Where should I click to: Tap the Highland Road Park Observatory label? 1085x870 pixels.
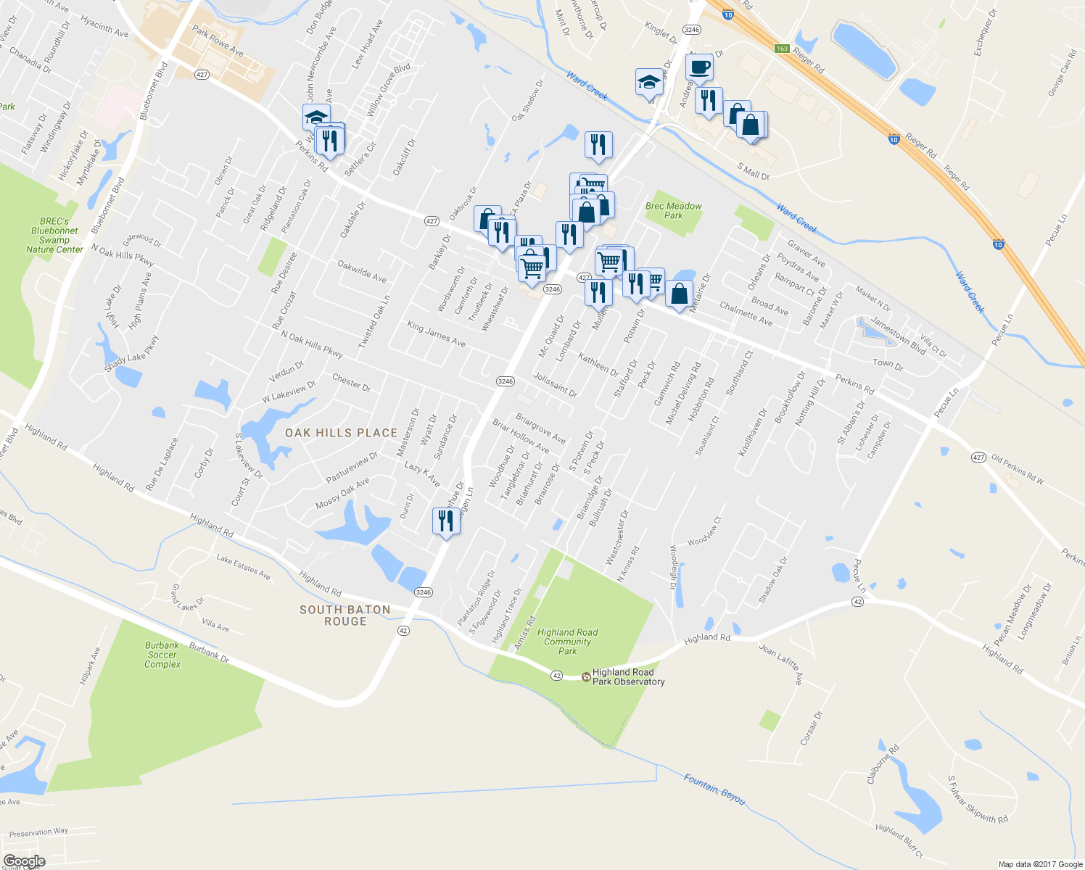tap(628, 677)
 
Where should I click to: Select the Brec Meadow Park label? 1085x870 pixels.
tap(674, 210)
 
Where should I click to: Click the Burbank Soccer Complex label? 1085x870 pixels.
tap(162, 655)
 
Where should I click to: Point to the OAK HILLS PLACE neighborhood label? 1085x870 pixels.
tap(341, 433)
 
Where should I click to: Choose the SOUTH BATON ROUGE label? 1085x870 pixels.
tap(345, 616)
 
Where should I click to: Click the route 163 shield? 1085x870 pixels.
tap(781, 49)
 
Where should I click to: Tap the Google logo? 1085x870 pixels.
tap(24, 861)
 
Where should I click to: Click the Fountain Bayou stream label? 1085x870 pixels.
tap(714, 788)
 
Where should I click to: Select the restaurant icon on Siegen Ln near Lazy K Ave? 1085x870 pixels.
tap(445, 521)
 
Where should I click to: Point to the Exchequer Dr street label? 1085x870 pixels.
tap(986, 33)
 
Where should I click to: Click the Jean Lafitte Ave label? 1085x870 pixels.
tap(780, 664)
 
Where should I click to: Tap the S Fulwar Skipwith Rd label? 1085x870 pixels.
tap(977, 800)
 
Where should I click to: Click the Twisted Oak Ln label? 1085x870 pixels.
tap(374, 322)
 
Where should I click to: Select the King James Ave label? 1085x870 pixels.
tap(436, 333)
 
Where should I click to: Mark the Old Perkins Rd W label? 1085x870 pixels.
tap(1018, 469)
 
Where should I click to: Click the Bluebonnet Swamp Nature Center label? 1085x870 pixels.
tap(54, 236)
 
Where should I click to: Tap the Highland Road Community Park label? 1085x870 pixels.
tap(568, 642)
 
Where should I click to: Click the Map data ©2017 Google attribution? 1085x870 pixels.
tap(1039, 864)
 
